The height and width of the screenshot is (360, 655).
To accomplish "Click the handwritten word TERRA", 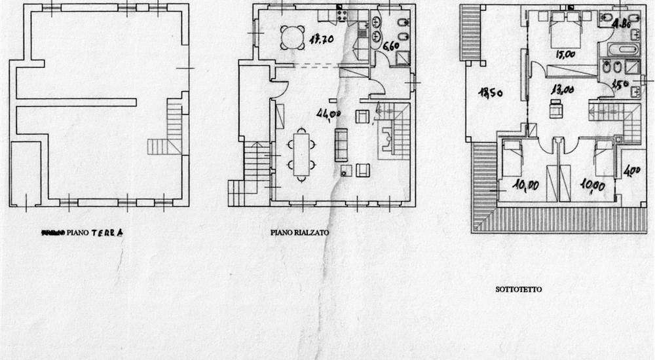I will click(107, 232).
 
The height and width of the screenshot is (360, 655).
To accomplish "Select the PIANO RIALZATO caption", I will click(299, 232).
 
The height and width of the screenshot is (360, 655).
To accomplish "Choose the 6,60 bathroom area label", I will click(390, 46).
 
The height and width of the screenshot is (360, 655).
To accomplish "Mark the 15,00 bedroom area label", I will click(565, 55).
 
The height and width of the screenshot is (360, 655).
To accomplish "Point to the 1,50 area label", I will click(619, 84).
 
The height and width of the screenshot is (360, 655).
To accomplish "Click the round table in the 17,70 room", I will click(290, 35).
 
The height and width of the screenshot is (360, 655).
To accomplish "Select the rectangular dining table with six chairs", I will click(302, 154).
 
